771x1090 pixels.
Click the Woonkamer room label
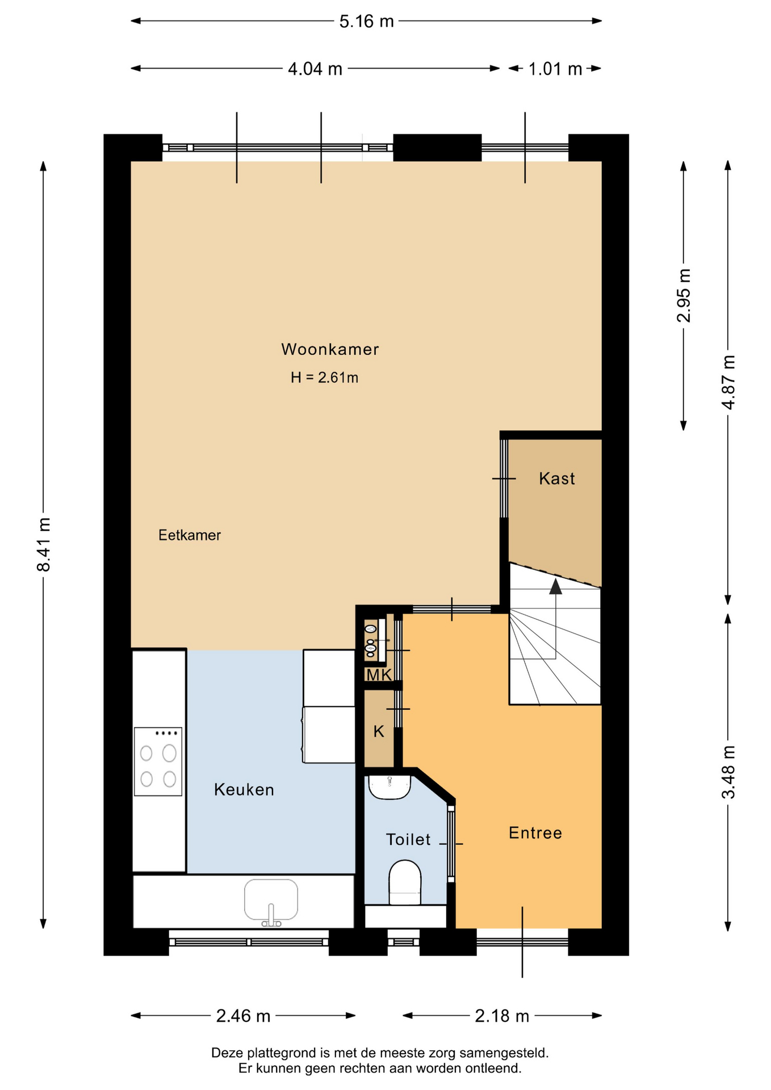(330, 349)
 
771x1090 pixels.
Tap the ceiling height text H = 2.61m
(324, 378)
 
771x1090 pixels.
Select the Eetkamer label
(190, 535)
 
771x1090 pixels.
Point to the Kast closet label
(557, 479)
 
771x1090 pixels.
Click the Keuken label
(244, 790)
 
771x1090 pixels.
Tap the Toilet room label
(408, 839)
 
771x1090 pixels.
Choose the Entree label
(535, 833)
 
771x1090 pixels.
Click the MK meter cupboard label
(379, 675)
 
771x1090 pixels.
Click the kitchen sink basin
(271, 900)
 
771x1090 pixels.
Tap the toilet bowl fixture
(405, 882)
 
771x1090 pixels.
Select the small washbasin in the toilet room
(389, 786)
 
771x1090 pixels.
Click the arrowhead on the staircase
(555, 586)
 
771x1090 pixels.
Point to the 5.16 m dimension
(366, 22)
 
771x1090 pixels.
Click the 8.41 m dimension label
(44, 544)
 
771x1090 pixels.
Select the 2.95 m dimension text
(684, 295)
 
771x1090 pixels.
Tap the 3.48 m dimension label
(728, 772)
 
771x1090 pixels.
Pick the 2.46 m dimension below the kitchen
(243, 1016)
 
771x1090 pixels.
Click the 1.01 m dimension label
(555, 69)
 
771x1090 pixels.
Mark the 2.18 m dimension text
(502, 1016)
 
